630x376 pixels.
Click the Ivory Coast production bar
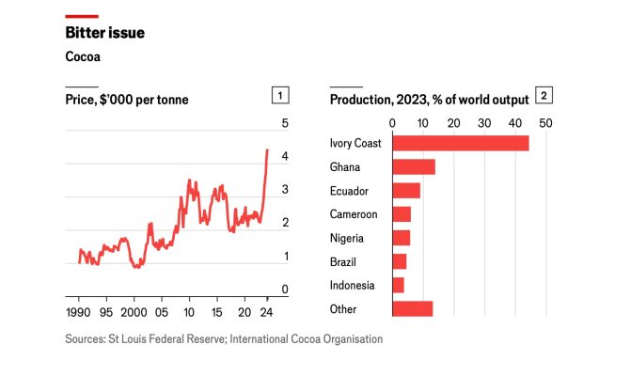(460, 143)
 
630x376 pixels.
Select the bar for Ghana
(413, 166)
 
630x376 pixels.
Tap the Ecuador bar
(405, 190)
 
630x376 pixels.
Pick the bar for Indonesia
(398, 285)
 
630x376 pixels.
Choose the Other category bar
(412, 308)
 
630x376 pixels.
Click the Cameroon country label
(354, 214)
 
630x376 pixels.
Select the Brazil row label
(342, 261)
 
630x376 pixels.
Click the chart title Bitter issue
(104, 33)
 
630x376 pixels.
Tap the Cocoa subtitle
(83, 56)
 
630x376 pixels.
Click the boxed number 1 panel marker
(279, 95)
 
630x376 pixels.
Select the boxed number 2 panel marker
(543, 95)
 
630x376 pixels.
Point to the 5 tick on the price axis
(286, 124)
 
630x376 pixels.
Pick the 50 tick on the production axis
(544, 123)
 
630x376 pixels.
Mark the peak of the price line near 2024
(267, 149)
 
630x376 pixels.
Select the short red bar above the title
(82, 15)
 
